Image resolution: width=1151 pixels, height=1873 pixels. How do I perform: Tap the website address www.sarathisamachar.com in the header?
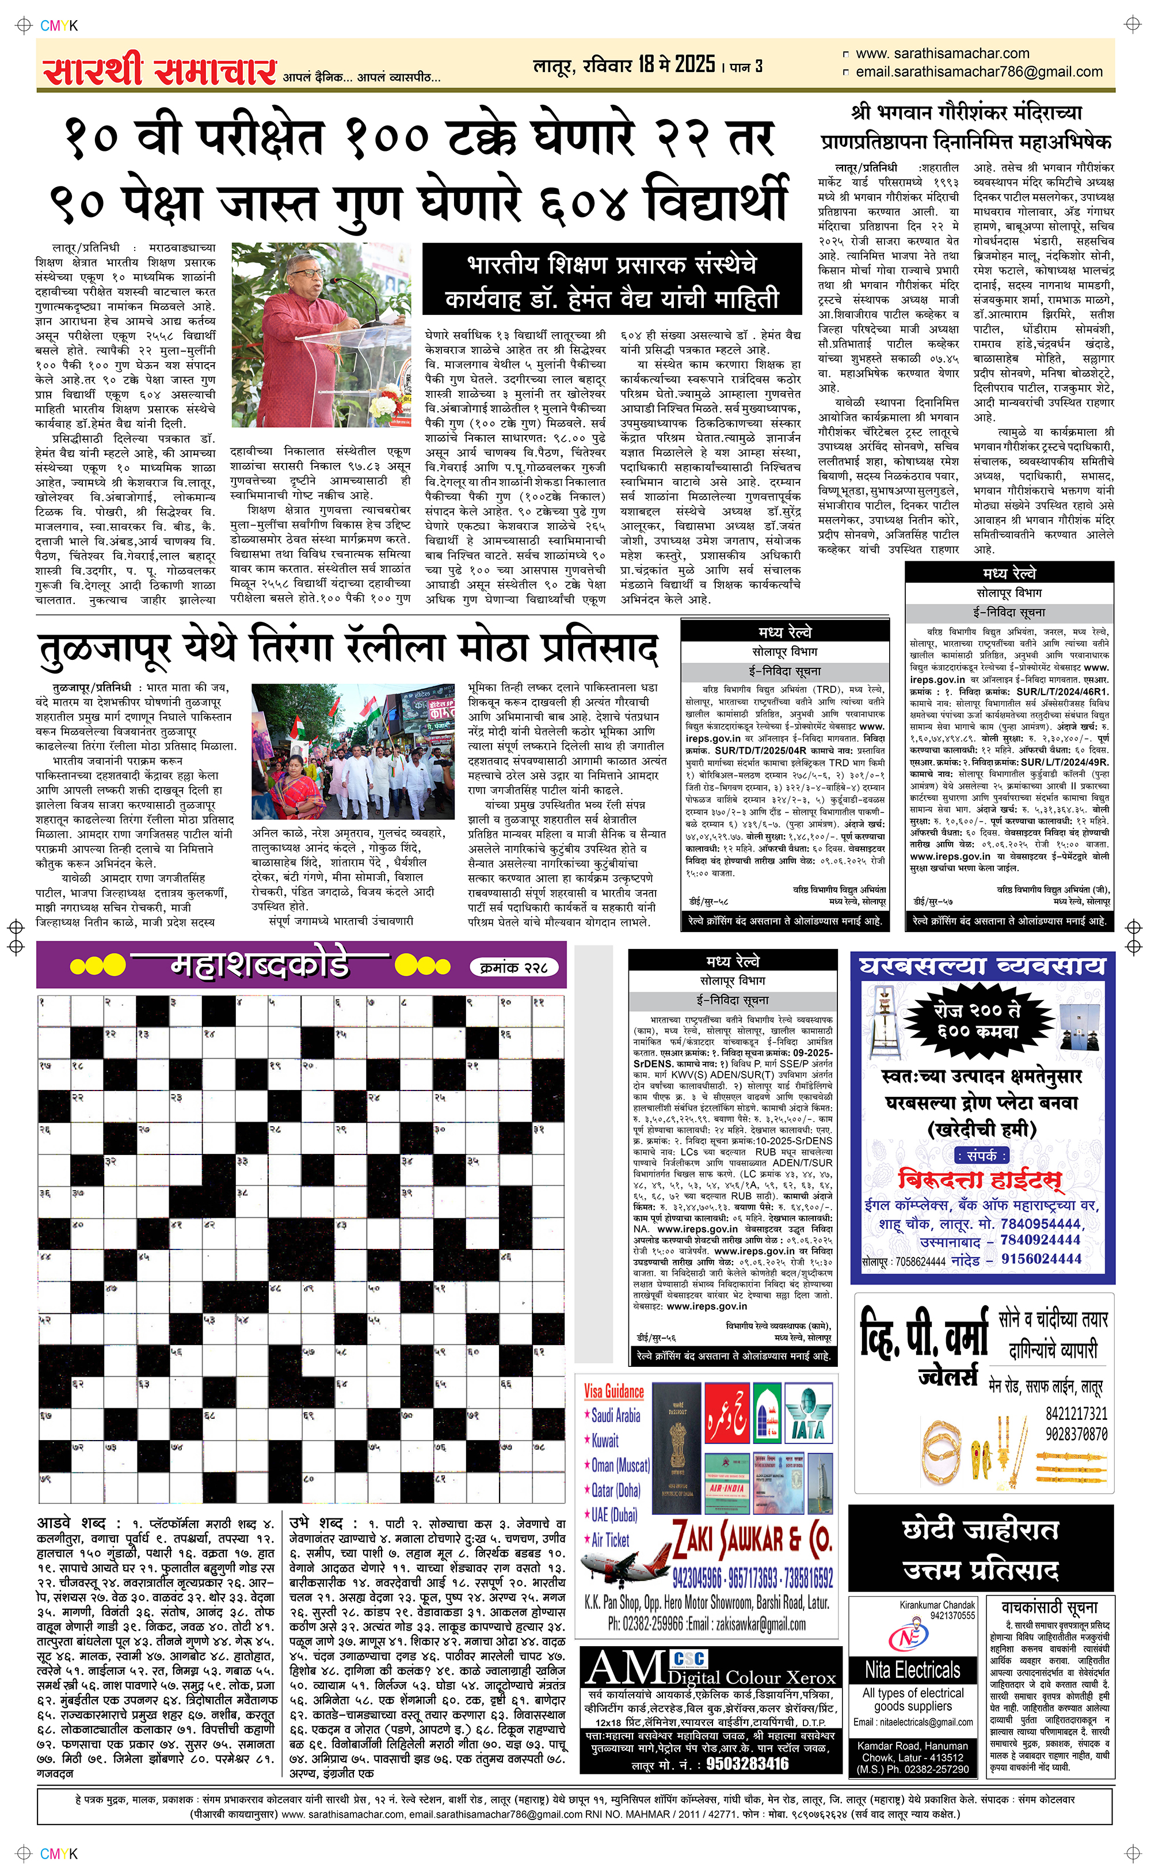943,54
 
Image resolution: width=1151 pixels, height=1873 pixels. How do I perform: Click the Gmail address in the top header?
979,71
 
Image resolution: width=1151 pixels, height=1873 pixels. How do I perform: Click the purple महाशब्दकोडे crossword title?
259,966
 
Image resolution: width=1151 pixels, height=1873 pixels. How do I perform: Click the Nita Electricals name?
912,1670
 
